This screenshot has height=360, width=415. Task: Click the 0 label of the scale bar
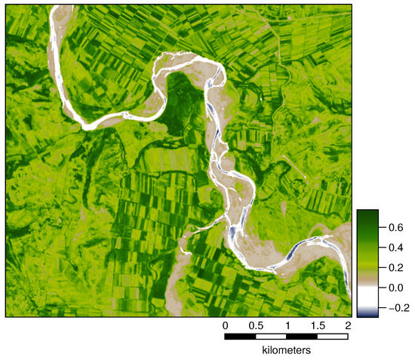pos(225,325)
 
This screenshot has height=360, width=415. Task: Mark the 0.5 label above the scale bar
pos(256,325)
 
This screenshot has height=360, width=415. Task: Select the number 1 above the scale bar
pos(287,325)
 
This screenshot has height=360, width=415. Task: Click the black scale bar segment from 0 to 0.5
pos(240,337)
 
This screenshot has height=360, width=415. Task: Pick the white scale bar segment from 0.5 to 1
pos(271,337)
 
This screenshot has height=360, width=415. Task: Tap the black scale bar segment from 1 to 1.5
pos(302,337)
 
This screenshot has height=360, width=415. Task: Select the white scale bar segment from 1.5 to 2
pos(333,337)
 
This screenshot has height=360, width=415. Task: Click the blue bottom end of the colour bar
pos(367,313)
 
